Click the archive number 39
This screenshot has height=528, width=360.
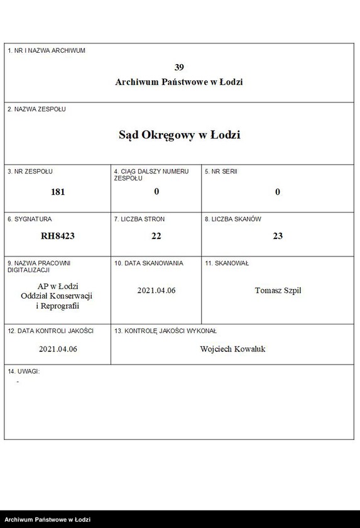click(x=179, y=67)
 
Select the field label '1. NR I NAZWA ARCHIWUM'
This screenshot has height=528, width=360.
click(x=46, y=50)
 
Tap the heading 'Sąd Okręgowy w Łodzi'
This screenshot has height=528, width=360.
click(x=179, y=135)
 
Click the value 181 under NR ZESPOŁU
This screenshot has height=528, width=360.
click(x=58, y=192)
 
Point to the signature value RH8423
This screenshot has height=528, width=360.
click(x=58, y=236)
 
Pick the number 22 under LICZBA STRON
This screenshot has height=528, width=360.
click(x=156, y=236)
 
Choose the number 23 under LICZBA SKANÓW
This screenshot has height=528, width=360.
click(x=278, y=236)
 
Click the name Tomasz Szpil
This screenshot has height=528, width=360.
click(x=278, y=290)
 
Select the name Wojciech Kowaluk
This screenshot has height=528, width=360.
click(x=232, y=349)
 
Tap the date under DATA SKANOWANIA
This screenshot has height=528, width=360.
click(x=156, y=290)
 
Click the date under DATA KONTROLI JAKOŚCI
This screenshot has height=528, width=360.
click(x=58, y=349)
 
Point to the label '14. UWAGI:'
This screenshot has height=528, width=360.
click(x=24, y=371)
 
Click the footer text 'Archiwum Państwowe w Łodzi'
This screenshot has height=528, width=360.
click(x=48, y=520)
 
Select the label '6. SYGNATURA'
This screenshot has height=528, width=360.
click(x=30, y=219)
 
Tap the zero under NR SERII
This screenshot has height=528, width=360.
click(x=278, y=192)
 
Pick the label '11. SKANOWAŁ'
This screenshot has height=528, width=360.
click(x=226, y=263)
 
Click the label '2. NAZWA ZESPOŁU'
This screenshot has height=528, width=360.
click(x=36, y=109)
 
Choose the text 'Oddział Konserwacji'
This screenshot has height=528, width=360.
click(x=58, y=296)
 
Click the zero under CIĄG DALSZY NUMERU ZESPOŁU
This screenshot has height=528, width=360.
click(x=156, y=192)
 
